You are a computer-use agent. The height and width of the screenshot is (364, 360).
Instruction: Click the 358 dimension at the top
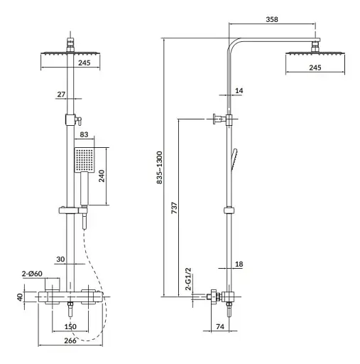272,19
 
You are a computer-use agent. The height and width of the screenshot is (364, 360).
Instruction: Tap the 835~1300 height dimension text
160,167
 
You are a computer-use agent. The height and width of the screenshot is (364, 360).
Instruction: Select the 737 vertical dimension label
174,208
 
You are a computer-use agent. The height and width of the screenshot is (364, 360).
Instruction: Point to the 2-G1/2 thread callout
188,279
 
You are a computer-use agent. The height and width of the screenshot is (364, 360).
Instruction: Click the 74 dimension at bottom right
220,326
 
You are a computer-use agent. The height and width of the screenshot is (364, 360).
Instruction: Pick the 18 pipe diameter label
239,264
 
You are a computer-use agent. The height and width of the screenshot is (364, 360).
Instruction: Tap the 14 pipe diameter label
239,90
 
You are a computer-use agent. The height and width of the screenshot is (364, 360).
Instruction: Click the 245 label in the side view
315,68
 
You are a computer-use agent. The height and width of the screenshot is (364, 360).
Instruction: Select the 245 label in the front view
84,63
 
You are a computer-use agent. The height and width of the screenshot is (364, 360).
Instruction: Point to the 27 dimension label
61,95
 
